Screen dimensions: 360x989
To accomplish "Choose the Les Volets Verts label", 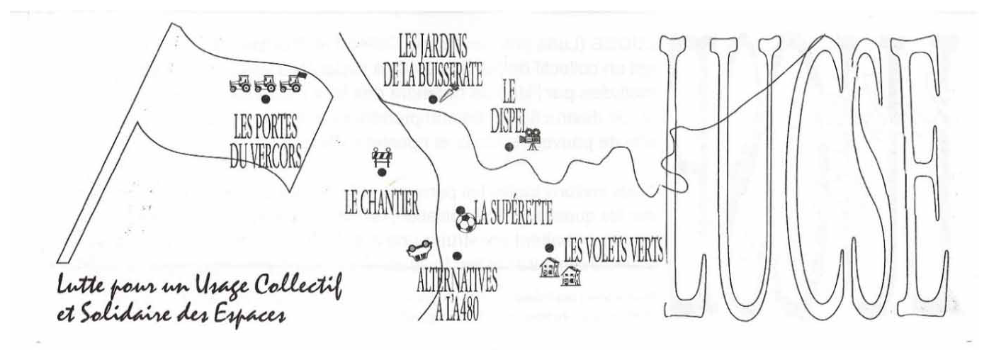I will pos(613,250).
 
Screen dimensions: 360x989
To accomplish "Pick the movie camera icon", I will pos(531,139).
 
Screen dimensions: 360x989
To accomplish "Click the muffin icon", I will pos(418,250).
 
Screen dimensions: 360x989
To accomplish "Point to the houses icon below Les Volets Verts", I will pos(559,271).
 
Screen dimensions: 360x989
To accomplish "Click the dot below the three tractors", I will pos(266,99).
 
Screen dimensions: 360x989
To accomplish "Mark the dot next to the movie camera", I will pos(509,147).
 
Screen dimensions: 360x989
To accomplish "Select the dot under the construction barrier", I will pos(382,172).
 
